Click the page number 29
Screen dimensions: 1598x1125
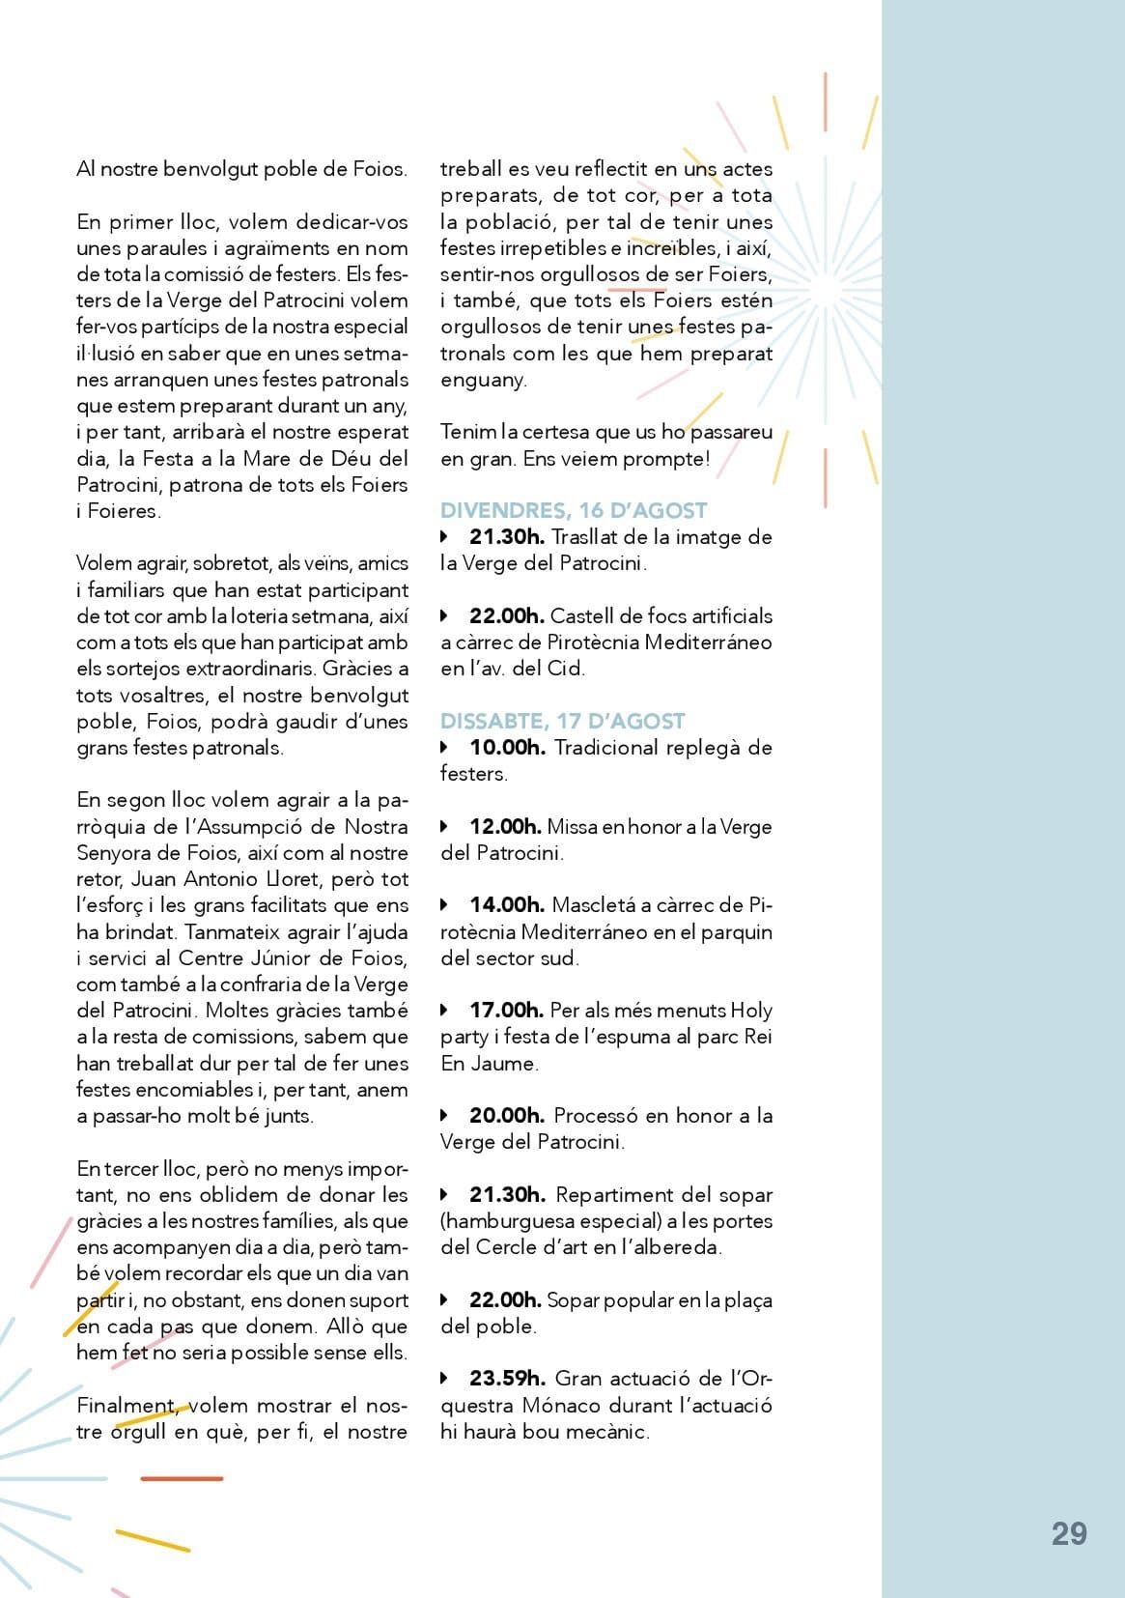click(1069, 1534)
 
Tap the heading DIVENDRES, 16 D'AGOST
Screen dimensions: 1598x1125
click(574, 510)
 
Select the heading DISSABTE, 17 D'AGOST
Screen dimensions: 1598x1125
click(562, 721)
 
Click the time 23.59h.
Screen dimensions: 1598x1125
click(507, 1379)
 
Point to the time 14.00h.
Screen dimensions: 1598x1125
click(507, 905)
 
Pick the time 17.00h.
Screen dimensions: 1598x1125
click(506, 1011)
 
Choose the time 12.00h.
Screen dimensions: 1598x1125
click(505, 827)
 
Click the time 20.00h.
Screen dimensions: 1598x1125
click(507, 1116)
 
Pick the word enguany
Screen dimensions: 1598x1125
click(484, 380)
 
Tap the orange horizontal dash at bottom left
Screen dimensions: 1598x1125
click(182, 1478)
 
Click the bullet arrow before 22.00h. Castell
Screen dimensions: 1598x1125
click(444, 615)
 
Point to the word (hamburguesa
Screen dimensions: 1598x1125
click(503, 1221)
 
